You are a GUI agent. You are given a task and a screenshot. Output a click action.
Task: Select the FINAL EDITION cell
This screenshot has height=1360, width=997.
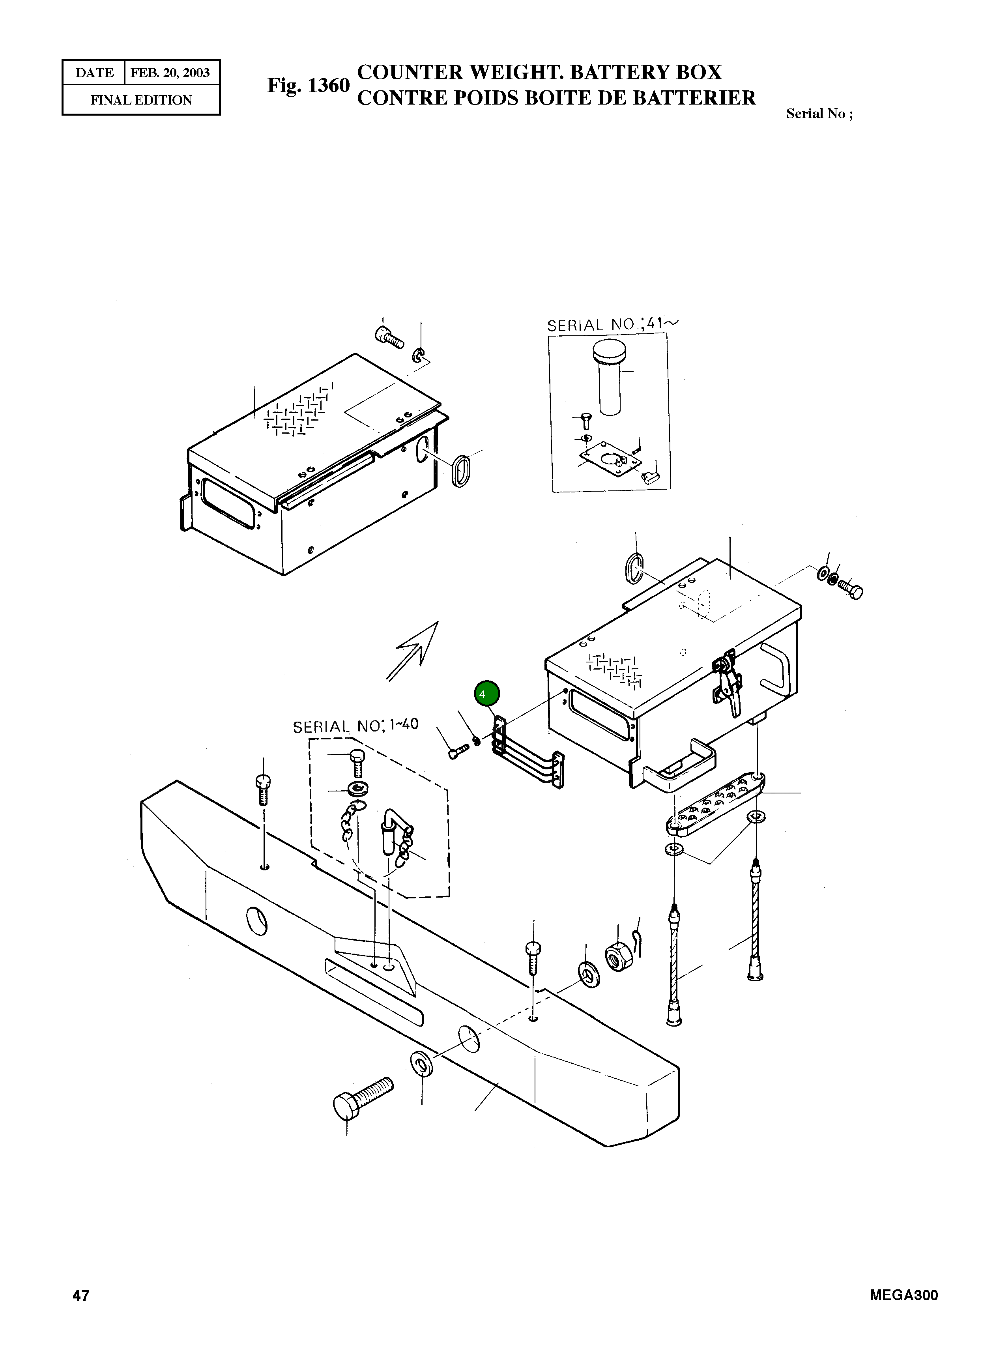(x=141, y=100)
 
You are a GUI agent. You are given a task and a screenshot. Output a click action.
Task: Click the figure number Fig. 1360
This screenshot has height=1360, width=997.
(x=309, y=86)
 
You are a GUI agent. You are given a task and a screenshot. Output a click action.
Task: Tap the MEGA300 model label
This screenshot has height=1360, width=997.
(x=903, y=1295)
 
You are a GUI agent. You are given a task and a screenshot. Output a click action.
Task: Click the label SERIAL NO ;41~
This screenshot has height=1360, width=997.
(x=612, y=325)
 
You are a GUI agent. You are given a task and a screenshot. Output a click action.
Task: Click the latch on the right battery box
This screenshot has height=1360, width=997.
(x=727, y=681)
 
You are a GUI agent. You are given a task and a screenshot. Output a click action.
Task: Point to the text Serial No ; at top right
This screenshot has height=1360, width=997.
(x=819, y=114)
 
